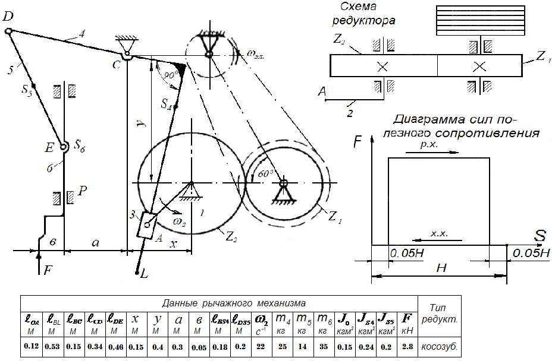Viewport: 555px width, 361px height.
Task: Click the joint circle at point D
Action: [x=8, y=31]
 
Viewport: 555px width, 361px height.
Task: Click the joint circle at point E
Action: [x=64, y=145]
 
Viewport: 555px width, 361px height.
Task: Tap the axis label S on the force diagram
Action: [x=540, y=236]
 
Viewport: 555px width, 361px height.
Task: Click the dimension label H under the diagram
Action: [x=440, y=268]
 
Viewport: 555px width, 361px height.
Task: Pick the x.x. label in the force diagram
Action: [x=439, y=235]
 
